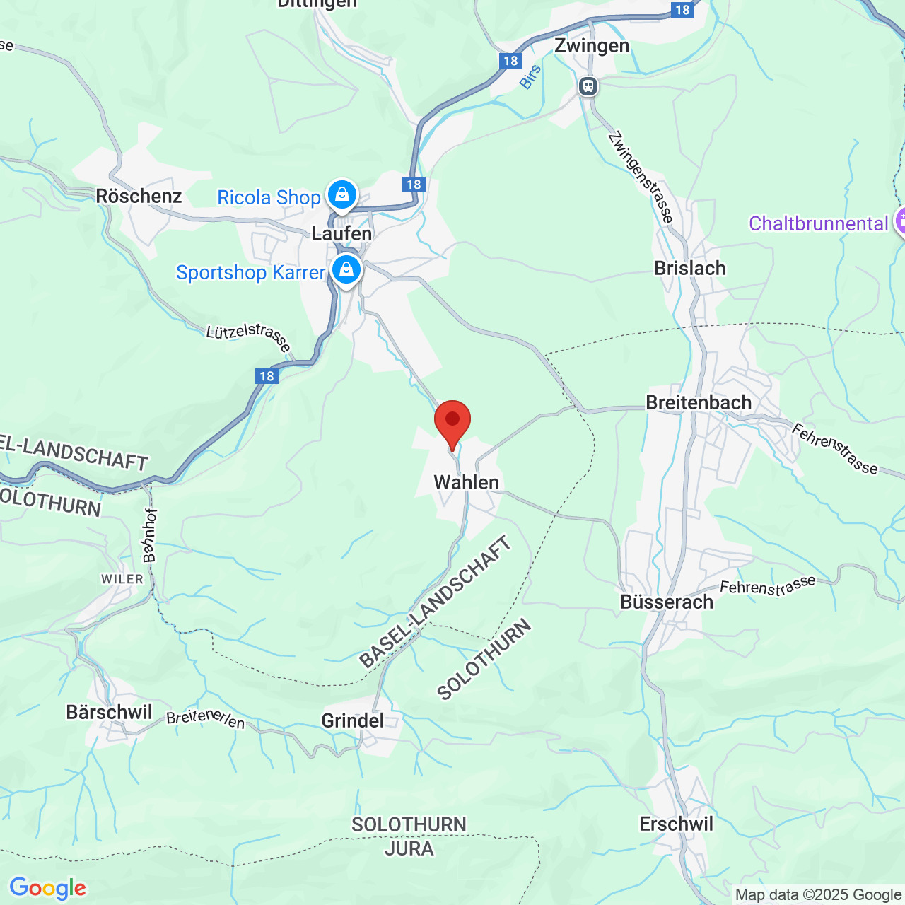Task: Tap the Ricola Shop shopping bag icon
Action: pos(342,194)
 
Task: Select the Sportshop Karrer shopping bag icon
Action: pos(346,270)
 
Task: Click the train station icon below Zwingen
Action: pos(588,86)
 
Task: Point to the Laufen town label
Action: pos(341,233)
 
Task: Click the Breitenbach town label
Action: pos(699,402)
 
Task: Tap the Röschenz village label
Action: pos(139,196)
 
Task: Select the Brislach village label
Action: pos(689,268)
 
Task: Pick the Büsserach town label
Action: pos(667,602)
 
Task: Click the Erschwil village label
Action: pos(676,824)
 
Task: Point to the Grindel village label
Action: pos(352,720)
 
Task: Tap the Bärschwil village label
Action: pos(109,712)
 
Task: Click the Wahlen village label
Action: pos(466,482)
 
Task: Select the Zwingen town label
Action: pos(591,46)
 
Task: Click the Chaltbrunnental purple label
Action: pos(818,223)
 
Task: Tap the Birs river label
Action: pos(530,76)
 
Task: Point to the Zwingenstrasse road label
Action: pos(640,177)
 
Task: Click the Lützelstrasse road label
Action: pos(248,337)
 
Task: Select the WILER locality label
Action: pos(122,579)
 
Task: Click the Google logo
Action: pos(47,888)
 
